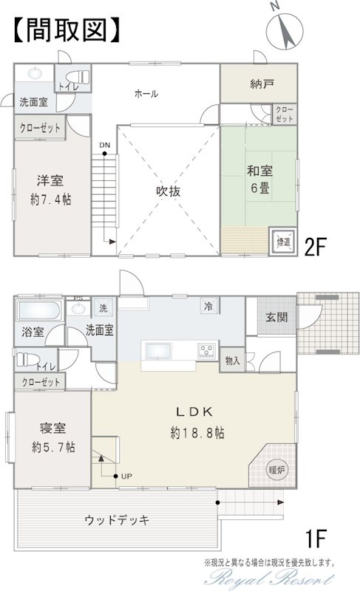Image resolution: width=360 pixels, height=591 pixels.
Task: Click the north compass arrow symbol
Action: (285, 31)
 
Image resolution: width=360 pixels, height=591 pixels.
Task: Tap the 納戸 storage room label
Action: (262, 84)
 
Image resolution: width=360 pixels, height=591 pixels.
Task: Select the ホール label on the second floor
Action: (146, 94)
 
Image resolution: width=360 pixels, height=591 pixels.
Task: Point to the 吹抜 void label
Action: (168, 191)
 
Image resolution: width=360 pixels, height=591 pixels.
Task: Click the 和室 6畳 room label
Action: (259, 179)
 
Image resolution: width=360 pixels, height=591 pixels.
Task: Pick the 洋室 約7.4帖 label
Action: (50, 190)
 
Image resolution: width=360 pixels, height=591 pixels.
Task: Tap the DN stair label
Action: (104, 146)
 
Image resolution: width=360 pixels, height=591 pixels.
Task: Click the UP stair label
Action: (126, 476)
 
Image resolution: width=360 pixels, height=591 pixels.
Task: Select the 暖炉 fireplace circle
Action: (277, 470)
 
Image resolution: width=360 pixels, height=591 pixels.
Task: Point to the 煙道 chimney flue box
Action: (283, 242)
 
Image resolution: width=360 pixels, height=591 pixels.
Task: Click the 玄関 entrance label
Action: (277, 318)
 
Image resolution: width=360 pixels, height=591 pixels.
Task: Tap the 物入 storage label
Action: (232, 361)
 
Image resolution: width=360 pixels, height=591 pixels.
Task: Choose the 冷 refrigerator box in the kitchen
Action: (209, 306)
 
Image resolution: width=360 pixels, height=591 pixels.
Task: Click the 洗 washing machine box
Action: (103, 308)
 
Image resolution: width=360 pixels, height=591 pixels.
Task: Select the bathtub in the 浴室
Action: (39, 311)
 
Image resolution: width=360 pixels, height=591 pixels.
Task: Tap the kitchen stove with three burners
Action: (207, 350)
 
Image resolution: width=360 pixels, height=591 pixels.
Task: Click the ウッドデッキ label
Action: (118, 521)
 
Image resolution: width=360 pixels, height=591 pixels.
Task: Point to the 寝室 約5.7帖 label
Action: (53, 437)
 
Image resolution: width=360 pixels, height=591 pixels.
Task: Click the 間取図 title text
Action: (67, 30)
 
